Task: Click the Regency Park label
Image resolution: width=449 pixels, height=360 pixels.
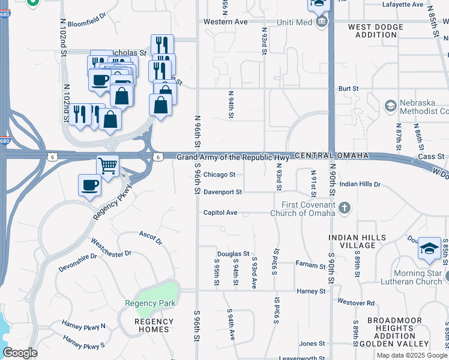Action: [x=150, y=303]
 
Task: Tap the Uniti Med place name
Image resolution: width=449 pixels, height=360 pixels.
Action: [x=294, y=22]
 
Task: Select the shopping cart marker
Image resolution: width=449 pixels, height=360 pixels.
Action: [x=108, y=165]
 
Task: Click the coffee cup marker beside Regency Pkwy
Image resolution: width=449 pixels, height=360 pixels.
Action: [x=90, y=185]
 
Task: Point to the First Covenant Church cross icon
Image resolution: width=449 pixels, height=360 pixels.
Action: [x=344, y=208]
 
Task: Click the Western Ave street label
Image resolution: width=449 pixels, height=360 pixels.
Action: [x=225, y=22]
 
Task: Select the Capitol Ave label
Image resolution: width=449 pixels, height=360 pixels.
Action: [x=220, y=212]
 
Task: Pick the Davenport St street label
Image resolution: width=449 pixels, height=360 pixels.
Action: [x=222, y=193]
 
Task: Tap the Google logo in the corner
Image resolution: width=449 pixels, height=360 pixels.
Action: [x=20, y=353]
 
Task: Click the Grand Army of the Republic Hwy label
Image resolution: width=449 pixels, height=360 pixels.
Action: [x=233, y=157]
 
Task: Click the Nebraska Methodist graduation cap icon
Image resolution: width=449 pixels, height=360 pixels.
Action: [x=391, y=106]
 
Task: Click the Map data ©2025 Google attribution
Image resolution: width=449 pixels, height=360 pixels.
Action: [x=412, y=355]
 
